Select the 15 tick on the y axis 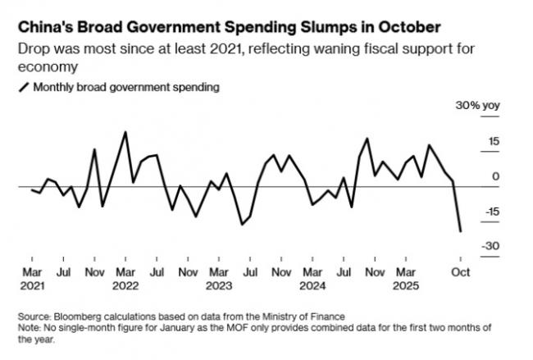[471, 141]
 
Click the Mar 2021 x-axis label [32, 279]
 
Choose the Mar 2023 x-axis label [218, 279]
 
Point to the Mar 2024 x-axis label [312, 279]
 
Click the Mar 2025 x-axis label [405, 279]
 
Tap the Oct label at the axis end [460, 271]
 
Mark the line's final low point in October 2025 [460, 231]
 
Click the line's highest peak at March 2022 [125, 132]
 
